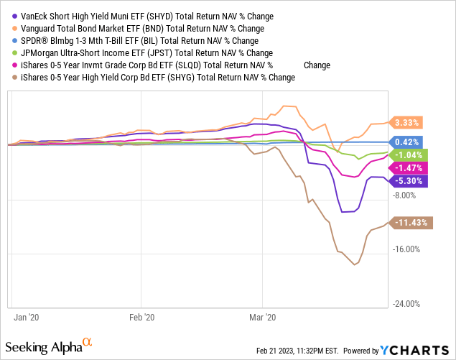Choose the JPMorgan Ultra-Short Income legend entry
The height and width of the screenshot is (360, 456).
click(148, 53)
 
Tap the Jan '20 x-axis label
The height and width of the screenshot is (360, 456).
click(27, 317)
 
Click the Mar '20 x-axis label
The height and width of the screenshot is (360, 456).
click(264, 317)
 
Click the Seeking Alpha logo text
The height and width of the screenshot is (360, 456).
click(50, 347)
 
